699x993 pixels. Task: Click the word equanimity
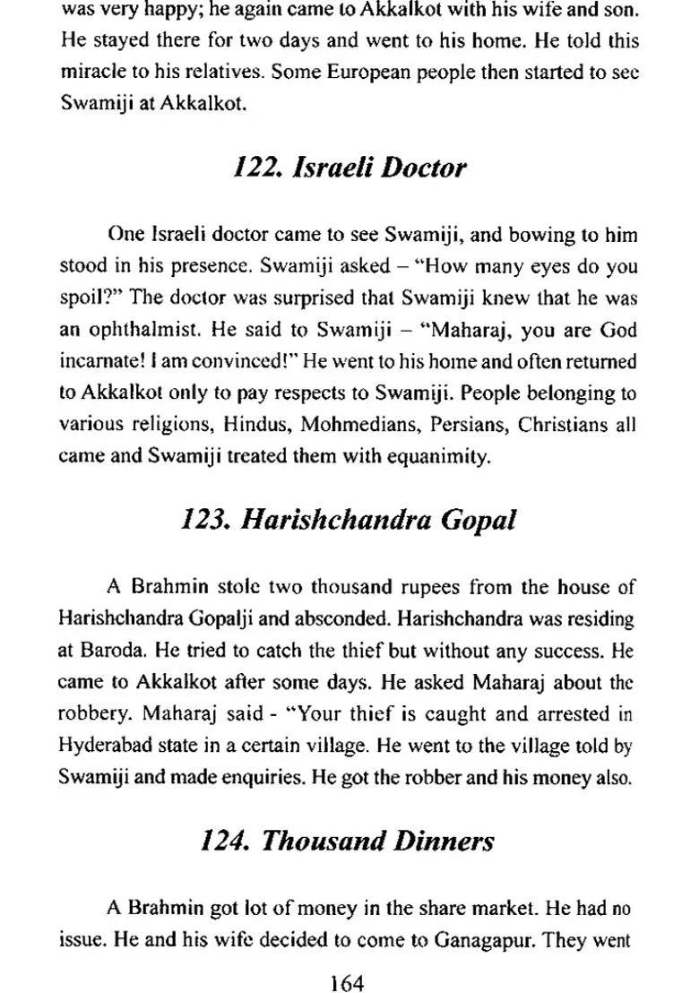pyautogui.click(x=436, y=456)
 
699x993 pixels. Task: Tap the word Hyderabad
pyautogui.click(x=107, y=747)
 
